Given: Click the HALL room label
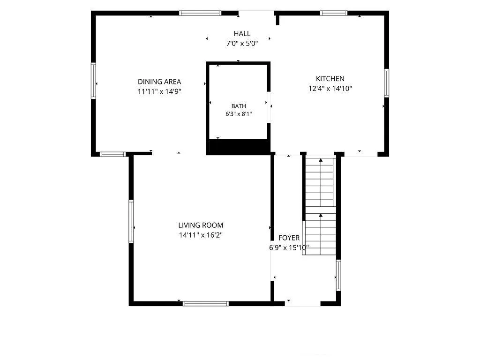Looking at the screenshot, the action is point(242,34).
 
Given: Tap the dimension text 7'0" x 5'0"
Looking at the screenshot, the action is point(242,44).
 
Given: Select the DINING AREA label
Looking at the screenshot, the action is point(159,82).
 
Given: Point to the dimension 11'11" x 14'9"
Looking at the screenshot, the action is point(159,91).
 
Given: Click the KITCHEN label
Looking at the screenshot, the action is point(330,79).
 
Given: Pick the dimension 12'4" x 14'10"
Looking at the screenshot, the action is point(330,89).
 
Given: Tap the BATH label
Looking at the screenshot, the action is point(239,106).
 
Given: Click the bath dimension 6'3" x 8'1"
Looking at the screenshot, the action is point(239,114).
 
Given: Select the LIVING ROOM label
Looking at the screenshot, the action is point(201,225).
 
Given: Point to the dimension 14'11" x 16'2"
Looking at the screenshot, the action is point(201,235).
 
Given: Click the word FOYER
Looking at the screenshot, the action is point(289,238).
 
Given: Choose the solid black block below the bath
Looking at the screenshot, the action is point(238,147).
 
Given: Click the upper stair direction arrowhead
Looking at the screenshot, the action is point(321,160).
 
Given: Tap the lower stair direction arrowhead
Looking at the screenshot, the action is point(321,215).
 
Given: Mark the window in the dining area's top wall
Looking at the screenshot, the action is point(200,13).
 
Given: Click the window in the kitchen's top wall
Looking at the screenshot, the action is point(334,13).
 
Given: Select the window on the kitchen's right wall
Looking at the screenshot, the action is point(386,83).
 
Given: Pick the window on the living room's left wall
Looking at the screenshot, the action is point(131,221).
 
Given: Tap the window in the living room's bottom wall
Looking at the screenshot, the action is point(206,303).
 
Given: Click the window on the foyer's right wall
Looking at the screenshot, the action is point(338,275).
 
